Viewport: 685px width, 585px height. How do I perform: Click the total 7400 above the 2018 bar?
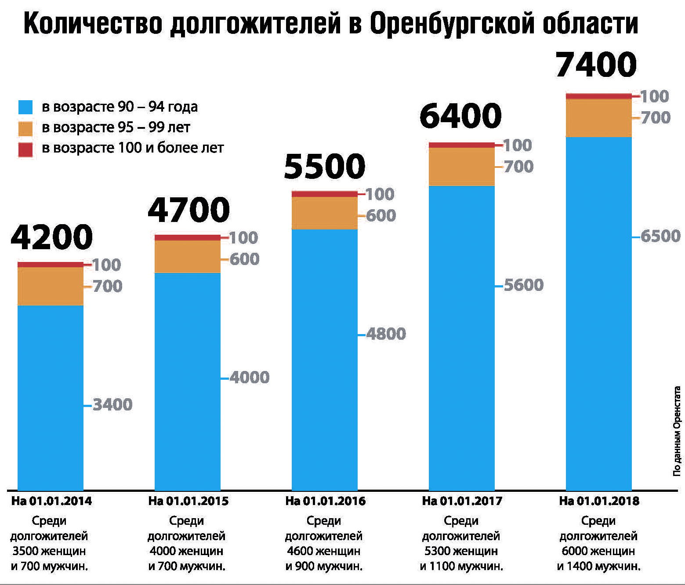click(596, 65)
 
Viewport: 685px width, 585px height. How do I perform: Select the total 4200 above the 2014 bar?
click(52, 237)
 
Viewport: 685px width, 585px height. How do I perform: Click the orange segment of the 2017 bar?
click(461, 167)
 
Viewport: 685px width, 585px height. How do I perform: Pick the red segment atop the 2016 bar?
click(325, 194)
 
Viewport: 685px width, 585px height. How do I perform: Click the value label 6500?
click(660, 236)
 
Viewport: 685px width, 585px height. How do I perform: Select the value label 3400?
click(112, 405)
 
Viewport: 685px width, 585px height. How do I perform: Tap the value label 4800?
click(386, 334)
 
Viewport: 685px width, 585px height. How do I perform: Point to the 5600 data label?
click(523, 285)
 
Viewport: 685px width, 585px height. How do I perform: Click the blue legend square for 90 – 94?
click(25, 107)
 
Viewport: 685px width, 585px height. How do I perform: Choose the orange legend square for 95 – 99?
click(25, 128)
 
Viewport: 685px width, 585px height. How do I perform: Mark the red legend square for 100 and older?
click(25, 149)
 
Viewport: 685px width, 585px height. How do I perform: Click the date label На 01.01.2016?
click(325, 501)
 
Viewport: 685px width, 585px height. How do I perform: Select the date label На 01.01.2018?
click(599, 501)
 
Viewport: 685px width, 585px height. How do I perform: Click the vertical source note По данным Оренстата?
click(677, 432)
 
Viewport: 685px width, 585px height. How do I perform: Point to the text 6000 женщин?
click(598, 551)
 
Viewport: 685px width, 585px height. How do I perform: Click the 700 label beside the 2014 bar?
click(107, 287)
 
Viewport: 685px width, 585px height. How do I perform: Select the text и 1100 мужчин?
click(461, 566)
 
